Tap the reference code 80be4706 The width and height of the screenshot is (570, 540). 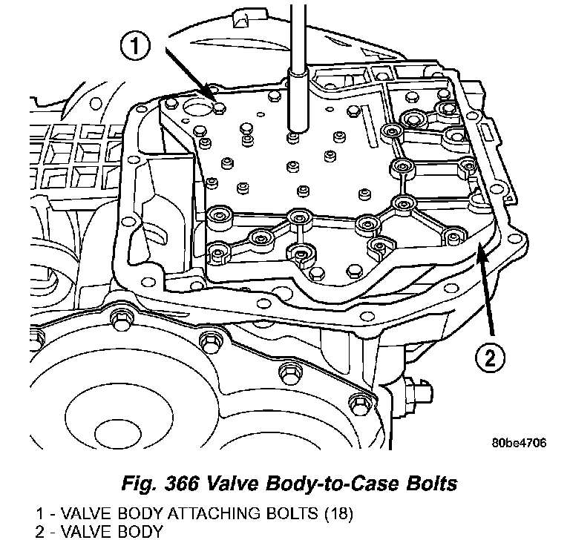tap(519, 444)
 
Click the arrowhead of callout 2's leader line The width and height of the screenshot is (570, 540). tap(479, 249)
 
